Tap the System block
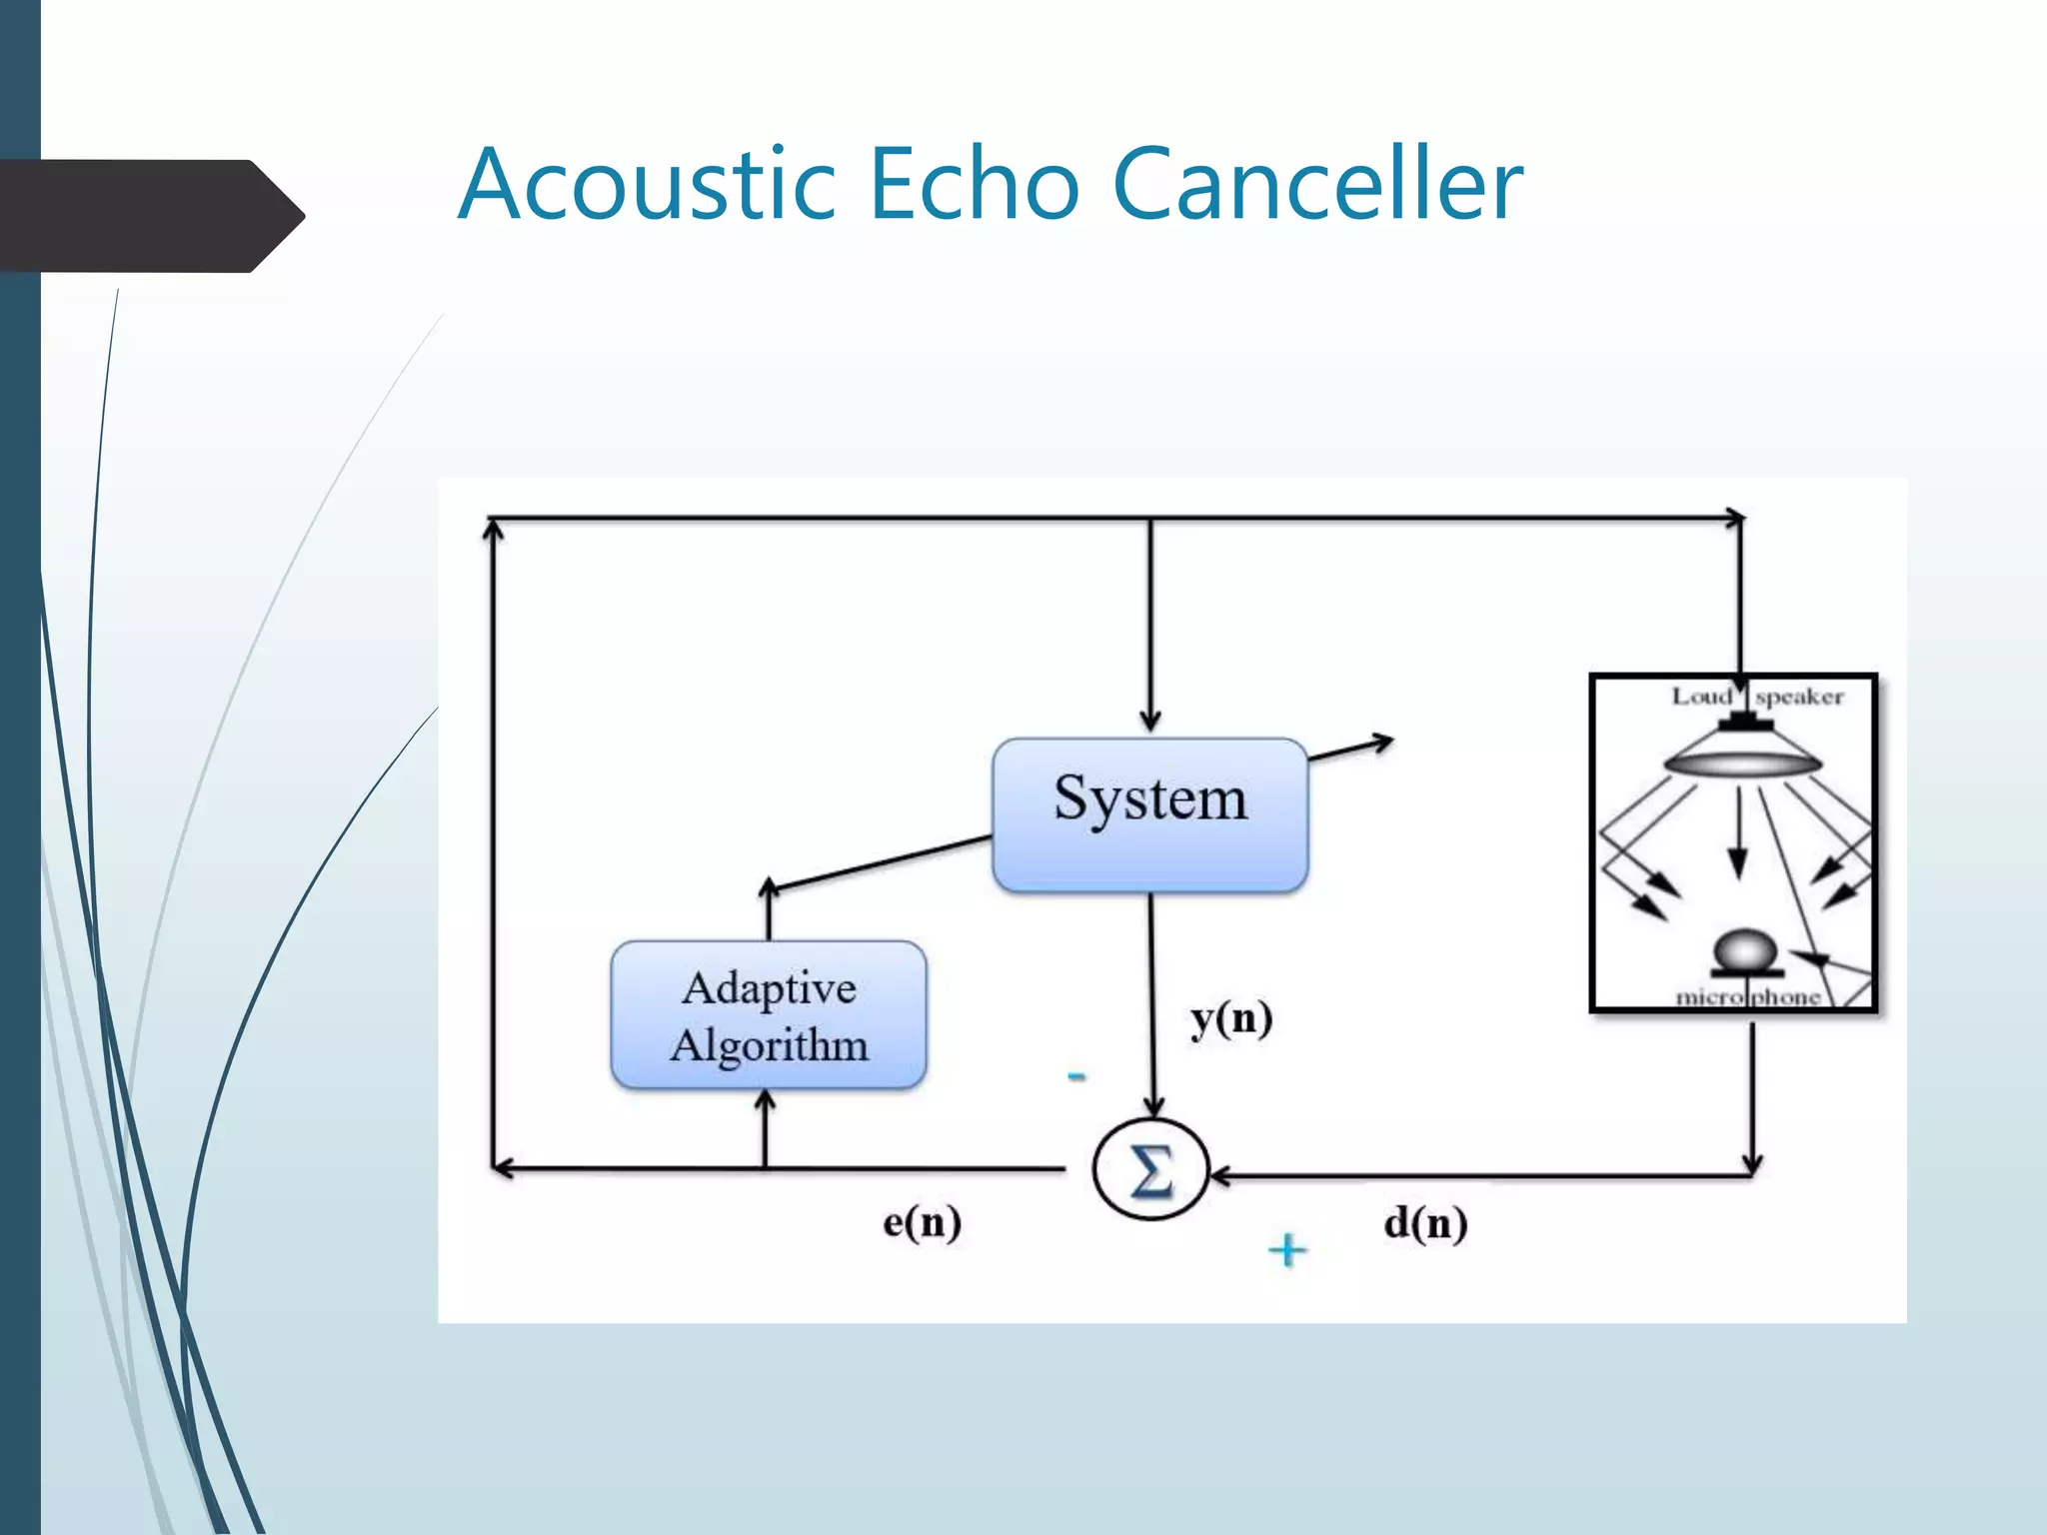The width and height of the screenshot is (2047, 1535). (x=1149, y=814)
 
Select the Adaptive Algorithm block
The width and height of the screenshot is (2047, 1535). (x=768, y=1014)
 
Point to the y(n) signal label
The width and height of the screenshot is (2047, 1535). (x=1230, y=1019)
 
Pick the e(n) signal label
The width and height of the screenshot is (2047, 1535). (x=922, y=1222)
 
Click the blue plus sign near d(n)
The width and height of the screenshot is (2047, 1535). (x=1287, y=1250)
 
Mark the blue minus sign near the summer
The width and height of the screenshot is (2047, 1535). (x=1076, y=1076)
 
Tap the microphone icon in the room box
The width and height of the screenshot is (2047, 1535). (x=1745, y=953)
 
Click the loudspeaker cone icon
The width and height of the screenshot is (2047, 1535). (x=1742, y=755)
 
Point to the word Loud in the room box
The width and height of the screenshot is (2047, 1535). (x=1701, y=697)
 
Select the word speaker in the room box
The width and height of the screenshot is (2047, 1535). (x=1798, y=697)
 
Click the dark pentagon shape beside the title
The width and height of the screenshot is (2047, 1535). (x=150, y=215)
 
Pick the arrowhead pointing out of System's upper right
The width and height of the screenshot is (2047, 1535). (x=1383, y=742)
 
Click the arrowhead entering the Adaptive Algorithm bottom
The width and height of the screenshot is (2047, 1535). (x=766, y=1100)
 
